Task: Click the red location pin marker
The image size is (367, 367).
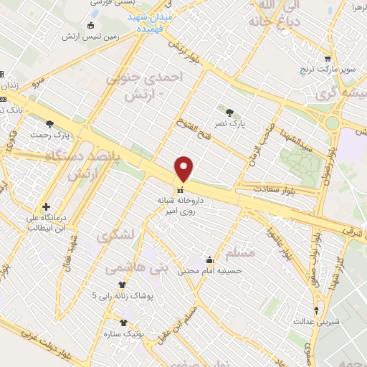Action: click(x=184, y=169)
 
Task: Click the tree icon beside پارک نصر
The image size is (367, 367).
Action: click(x=229, y=112)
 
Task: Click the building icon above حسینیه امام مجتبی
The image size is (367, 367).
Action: click(x=209, y=259)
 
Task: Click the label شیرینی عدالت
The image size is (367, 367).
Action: click(x=315, y=322)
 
